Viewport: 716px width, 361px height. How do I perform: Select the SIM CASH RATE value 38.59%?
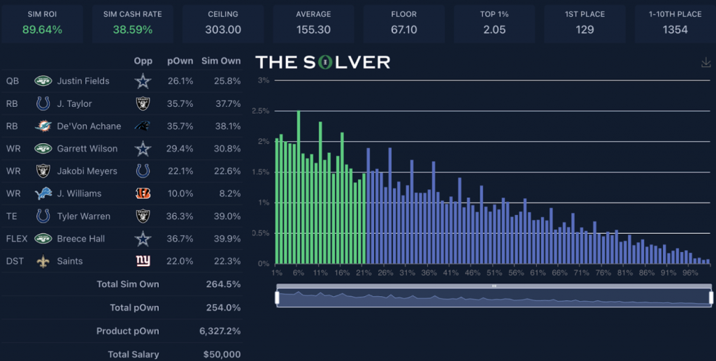[x=132, y=29]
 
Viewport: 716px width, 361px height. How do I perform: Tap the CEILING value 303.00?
[x=223, y=29]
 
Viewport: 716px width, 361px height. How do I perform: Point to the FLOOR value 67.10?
[x=403, y=29]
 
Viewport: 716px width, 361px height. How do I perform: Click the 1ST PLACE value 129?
[x=585, y=29]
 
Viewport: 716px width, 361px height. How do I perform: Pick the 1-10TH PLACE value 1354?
[x=675, y=29]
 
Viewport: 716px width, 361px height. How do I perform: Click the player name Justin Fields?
[x=83, y=81]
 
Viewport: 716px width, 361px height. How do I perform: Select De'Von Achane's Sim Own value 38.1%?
[x=226, y=126]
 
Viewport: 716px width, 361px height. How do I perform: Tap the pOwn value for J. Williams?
[x=180, y=193]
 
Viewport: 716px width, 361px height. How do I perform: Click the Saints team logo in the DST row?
[x=43, y=261]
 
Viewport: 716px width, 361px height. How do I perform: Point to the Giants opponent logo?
[x=143, y=261]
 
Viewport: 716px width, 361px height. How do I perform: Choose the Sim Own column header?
[x=221, y=61]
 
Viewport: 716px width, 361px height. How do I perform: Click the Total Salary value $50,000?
[x=222, y=355]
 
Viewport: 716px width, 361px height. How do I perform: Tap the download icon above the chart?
[x=706, y=63]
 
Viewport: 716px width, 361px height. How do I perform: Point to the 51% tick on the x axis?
[x=495, y=272]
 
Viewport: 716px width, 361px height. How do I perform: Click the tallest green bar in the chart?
[x=299, y=186]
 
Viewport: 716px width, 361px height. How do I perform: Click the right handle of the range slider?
[x=711, y=297]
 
